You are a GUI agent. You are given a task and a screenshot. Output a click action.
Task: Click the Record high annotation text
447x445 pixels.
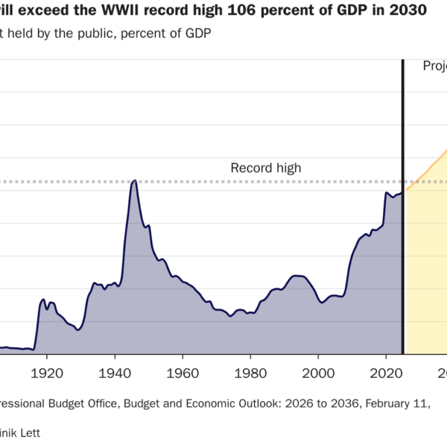265,168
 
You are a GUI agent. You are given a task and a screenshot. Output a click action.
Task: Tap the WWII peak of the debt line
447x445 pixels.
134,180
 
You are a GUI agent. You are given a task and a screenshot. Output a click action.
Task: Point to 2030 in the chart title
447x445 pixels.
408,10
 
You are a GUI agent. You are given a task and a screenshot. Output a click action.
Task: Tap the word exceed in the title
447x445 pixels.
54,10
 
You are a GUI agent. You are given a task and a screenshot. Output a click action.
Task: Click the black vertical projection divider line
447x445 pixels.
403,224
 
